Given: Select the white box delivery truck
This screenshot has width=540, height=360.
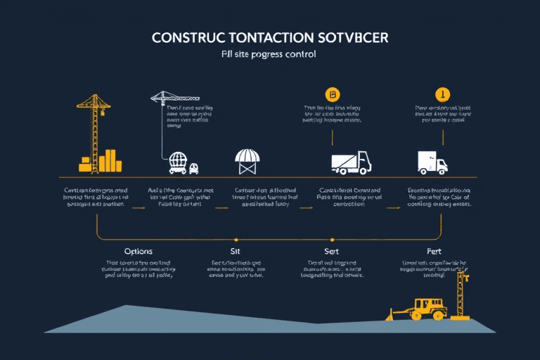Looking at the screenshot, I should click(431, 162).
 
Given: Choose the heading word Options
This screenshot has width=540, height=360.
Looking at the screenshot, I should click(139, 251).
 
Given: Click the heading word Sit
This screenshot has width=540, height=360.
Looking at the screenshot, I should click(236, 251).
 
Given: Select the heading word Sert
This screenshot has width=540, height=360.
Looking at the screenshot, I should click(332, 251).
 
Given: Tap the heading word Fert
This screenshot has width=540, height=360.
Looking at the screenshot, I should click(434, 251).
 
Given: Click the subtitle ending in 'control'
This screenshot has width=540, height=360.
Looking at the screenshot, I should click(269, 53).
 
